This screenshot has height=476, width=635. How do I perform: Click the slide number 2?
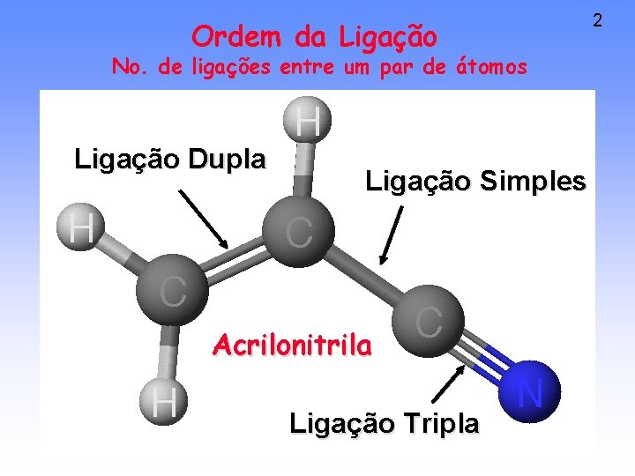point(597,19)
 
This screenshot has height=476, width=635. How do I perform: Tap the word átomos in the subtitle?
point(489,66)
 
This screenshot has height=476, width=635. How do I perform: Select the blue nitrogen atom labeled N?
point(530,390)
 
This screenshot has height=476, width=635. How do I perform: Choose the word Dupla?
point(228,160)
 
